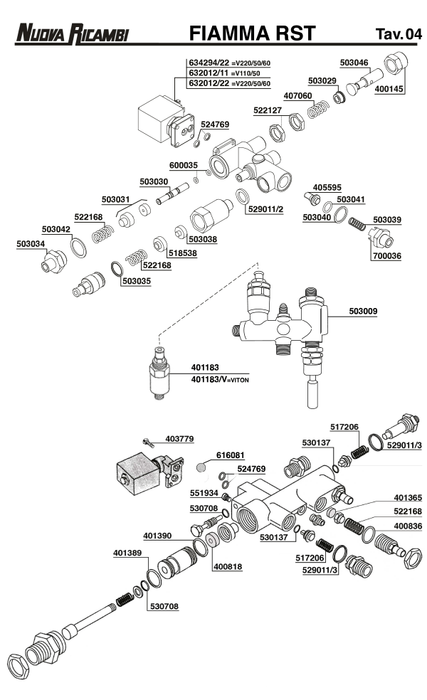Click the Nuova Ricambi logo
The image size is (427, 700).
click(73, 34)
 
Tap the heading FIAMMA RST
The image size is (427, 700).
click(252, 33)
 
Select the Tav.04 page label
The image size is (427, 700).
click(398, 34)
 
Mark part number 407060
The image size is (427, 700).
click(297, 95)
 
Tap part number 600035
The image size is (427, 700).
click(184, 164)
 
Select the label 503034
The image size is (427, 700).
click(31, 244)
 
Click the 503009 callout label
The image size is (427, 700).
click(364, 311)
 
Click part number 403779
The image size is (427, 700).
click(179, 439)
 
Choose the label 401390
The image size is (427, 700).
click(157, 534)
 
